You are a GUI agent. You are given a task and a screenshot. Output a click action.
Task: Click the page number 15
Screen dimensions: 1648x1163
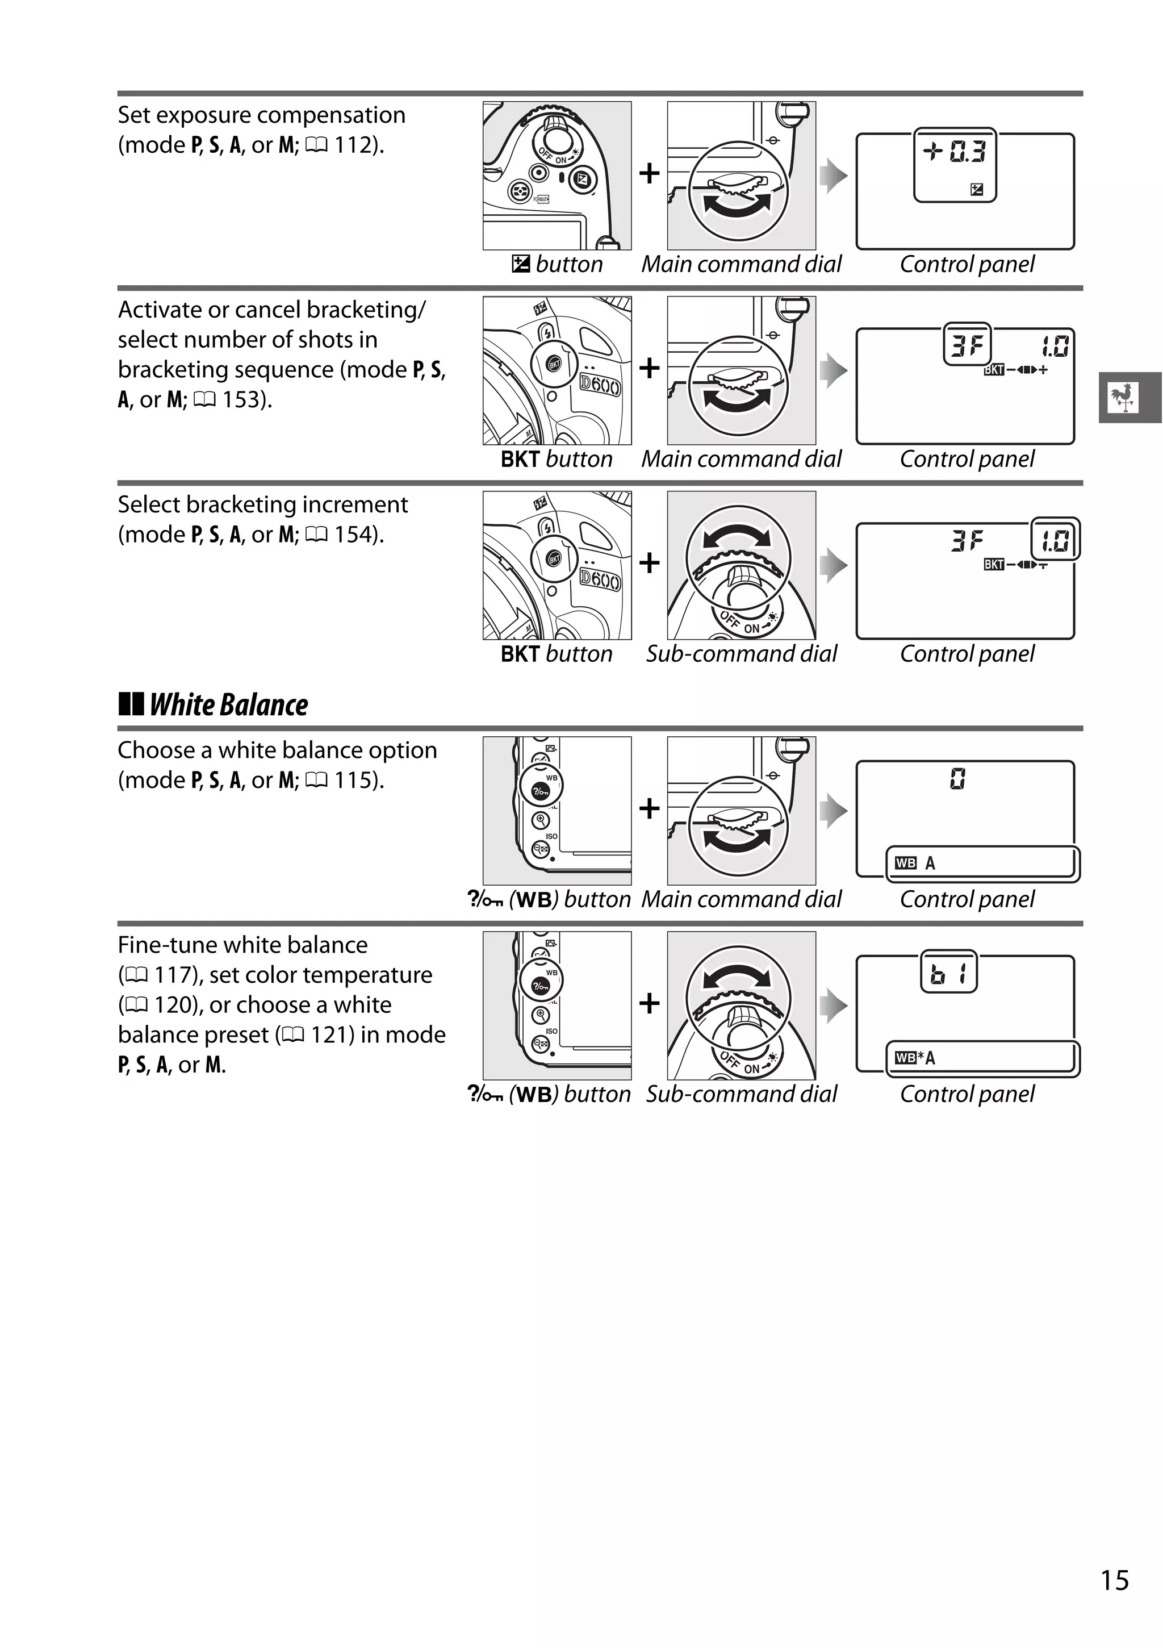[x=1114, y=1580]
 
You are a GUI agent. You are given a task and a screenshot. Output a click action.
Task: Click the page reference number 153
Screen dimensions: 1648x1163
[x=240, y=400]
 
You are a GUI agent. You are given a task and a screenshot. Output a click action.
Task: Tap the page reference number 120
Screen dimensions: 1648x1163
[x=171, y=1005]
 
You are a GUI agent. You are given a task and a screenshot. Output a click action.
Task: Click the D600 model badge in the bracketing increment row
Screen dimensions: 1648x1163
[x=600, y=579]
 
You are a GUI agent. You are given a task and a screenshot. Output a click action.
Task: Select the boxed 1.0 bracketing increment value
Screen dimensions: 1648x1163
[x=1055, y=540]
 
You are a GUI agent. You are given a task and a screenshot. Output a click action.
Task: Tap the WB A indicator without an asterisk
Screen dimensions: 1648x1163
[x=916, y=863]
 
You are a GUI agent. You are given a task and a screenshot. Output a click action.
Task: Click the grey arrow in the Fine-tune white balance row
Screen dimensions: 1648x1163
[x=834, y=1005]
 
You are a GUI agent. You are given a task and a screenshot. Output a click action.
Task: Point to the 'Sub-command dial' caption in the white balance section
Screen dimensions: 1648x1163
[x=741, y=1094]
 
